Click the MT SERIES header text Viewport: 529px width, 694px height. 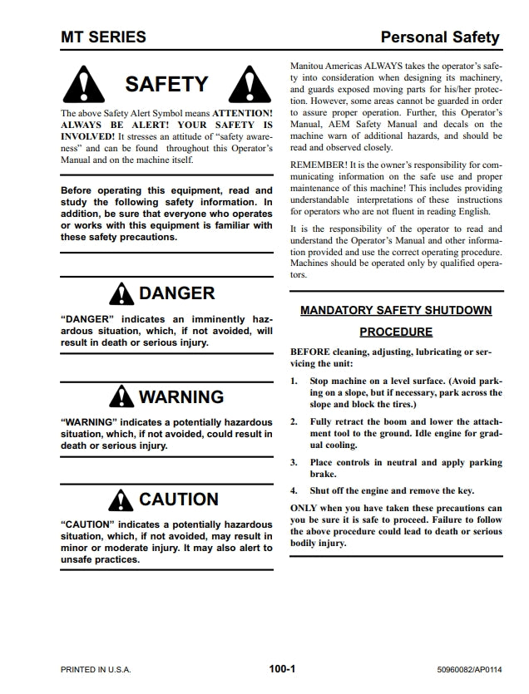(103, 37)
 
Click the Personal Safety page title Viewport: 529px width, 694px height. (439, 37)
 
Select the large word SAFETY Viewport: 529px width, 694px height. (166, 85)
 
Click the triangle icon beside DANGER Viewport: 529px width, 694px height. (122, 294)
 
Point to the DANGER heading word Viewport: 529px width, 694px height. (176, 293)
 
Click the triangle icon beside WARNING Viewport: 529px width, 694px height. (122, 397)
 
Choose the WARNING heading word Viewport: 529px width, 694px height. (181, 397)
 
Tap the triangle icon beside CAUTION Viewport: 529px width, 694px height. (122, 500)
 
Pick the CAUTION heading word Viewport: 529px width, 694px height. (179, 500)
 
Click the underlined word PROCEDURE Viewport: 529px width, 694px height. (396, 332)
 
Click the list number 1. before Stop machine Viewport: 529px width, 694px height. (294, 380)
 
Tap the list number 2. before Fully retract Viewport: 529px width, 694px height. (294, 421)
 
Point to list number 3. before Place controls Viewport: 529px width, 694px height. (294, 462)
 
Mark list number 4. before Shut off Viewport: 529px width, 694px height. (294, 490)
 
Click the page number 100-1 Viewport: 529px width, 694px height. (283, 668)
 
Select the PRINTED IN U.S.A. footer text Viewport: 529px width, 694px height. (96, 669)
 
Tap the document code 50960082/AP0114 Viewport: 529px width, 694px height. (468, 669)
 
